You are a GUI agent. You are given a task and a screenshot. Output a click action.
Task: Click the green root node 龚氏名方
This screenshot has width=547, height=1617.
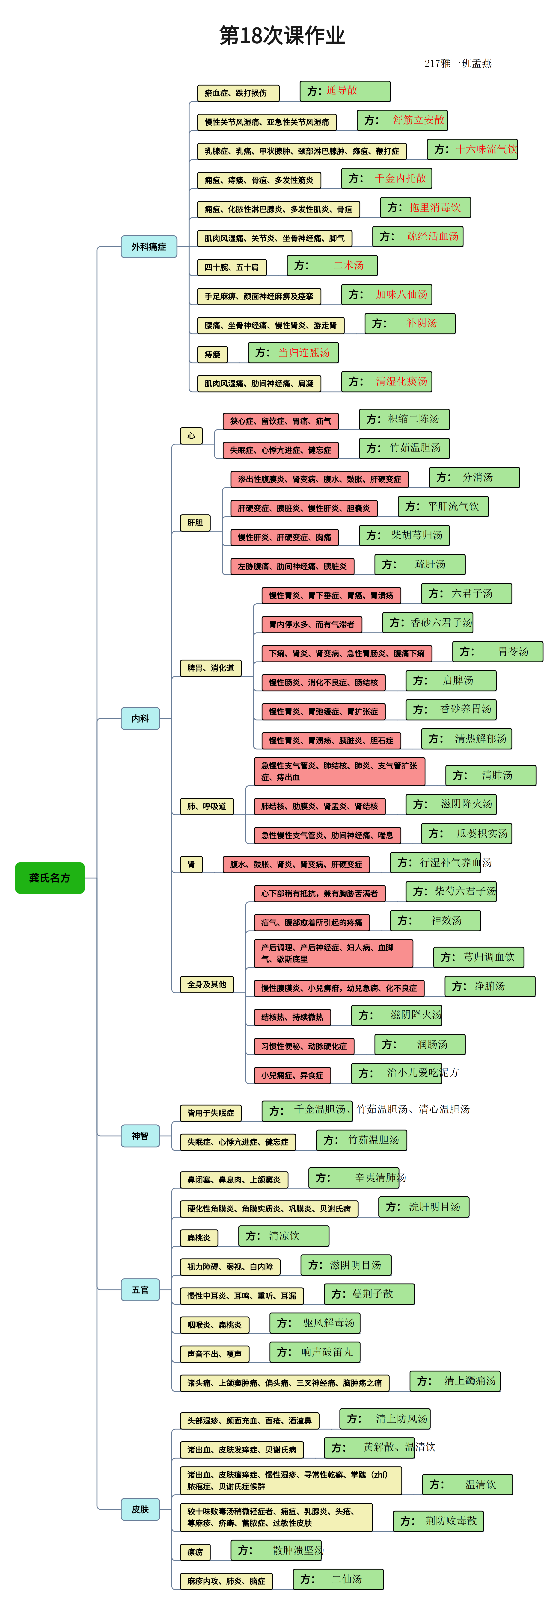(50, 878)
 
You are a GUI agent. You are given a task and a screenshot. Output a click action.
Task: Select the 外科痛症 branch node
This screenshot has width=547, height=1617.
(149, 247)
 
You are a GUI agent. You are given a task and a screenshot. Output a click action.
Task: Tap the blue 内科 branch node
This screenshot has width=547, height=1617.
(140, 718)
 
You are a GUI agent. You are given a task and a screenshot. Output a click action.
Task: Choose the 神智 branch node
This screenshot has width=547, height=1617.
(140, 1136)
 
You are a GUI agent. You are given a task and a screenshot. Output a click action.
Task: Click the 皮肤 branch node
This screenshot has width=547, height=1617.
(140, 1509)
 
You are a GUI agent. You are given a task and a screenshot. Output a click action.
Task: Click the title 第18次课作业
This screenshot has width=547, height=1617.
(282, 36)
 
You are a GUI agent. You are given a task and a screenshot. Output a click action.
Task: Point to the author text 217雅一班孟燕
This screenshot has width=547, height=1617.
(458, 63)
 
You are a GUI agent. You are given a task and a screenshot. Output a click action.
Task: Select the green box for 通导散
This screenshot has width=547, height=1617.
(345, 91)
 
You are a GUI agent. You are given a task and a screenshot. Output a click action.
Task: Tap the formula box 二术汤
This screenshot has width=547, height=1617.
(332, 266)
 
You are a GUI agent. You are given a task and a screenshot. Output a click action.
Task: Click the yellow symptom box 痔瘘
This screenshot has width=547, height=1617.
(212, 354)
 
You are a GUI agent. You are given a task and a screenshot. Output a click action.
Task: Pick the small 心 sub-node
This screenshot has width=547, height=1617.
(191, 436)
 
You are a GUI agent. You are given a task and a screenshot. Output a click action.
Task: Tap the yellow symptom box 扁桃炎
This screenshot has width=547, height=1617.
(199, 1237)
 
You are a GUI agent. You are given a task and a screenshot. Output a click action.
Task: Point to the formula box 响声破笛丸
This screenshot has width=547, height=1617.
(315, 1352)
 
